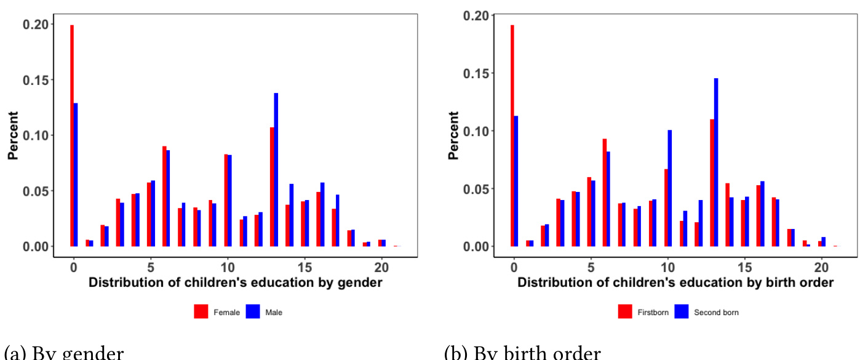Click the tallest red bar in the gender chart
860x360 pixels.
[72, 135]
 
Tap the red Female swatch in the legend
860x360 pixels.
[201, 312]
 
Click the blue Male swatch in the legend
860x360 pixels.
[253, 312]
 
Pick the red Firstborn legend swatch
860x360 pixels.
[626, 312]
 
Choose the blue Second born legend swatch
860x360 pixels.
[682, 312]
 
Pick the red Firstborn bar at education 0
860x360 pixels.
[512, 135]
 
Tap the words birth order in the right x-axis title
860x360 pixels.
[803, 283]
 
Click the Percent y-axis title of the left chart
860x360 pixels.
[13, 135]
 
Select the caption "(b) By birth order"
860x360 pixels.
[522, 353]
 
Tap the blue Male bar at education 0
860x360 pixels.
[76, 174]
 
